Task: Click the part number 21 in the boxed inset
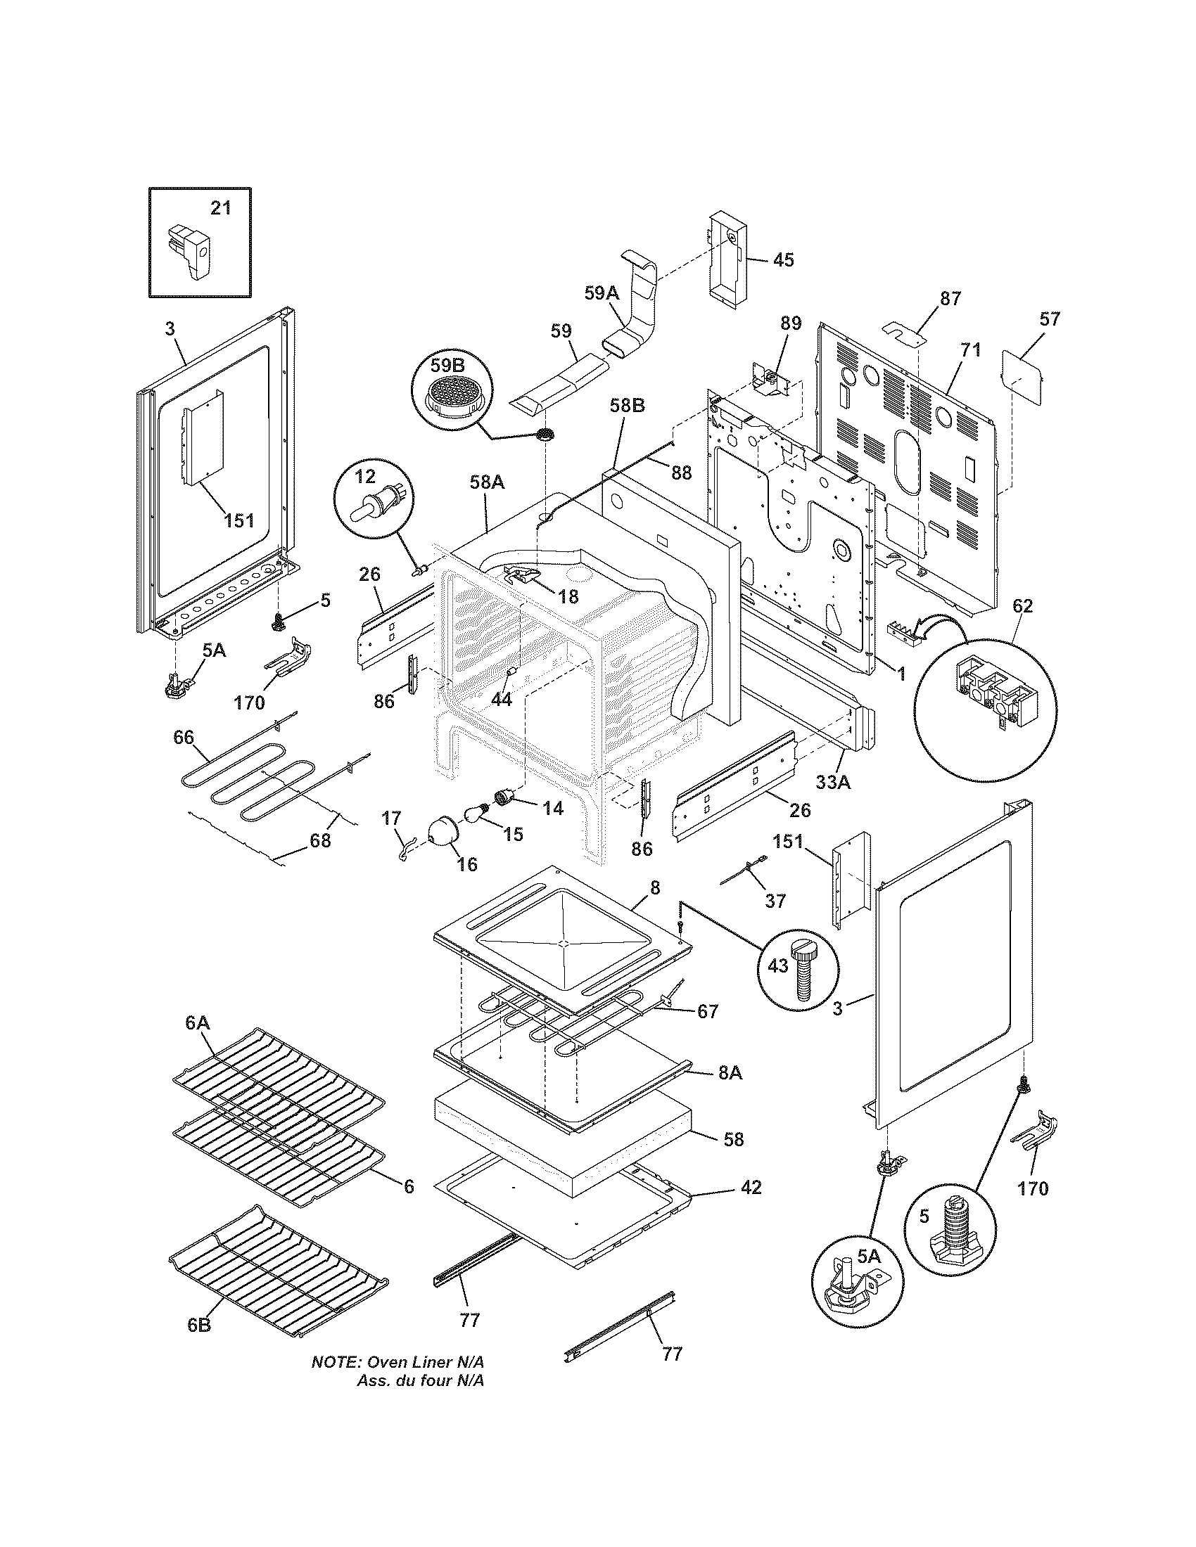220,208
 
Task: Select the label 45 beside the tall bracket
782,260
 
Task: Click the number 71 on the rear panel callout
970,349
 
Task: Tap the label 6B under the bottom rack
199,1325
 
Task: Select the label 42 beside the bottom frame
751,1187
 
